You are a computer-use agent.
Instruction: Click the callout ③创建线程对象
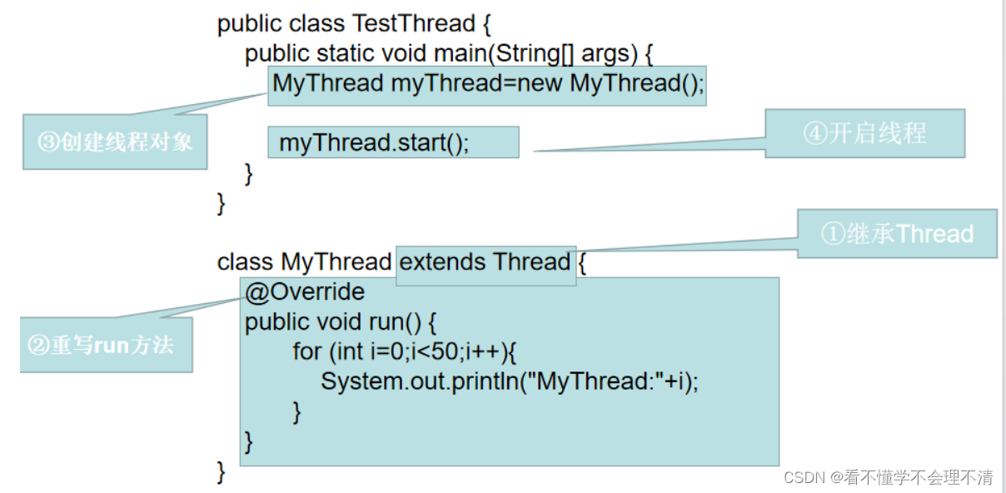pyautogui.click(x=115, y=142)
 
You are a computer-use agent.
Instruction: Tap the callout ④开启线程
pyautogui.click(x=864, y=133)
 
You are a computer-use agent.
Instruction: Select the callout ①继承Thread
pyautogui.click(x=897, y=234)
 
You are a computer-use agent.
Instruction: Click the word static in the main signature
pyautogui.click(x=346, y=54)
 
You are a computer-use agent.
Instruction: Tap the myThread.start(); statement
pyautogui.click(x=374, y=142)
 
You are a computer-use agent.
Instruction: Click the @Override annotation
pyautogui.click(x=305, y=291)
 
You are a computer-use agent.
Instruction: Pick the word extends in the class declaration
pyautogui.click(x=443, y=262)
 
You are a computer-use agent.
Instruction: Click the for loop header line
pyautogui.click(x=405, y=351)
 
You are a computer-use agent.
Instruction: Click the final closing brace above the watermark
pyautogui.click(x=222, y=471)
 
